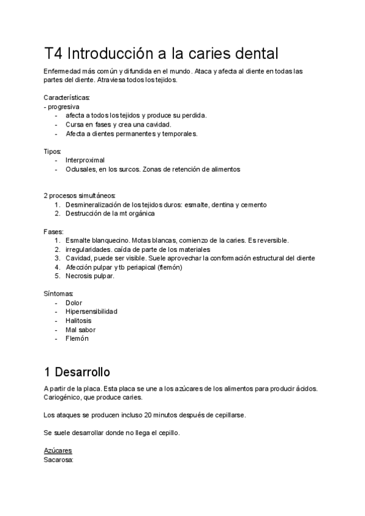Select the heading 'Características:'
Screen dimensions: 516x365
coord(67,97)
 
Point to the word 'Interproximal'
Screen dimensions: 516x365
coord(85,160)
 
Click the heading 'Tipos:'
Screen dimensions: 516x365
coord(52,151)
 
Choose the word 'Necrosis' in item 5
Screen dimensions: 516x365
coord(80,276)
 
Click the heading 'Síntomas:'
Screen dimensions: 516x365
coord(58,294)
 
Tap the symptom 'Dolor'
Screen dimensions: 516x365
coord(74,302)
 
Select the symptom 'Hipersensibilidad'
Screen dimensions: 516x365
coord(91,312)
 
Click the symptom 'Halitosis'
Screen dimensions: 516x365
coord(80,321)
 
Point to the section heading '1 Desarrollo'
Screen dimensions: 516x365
coord(77,371)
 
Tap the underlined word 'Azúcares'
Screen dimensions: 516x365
coord(58,451)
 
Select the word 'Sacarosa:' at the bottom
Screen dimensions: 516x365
coord(58,460)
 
